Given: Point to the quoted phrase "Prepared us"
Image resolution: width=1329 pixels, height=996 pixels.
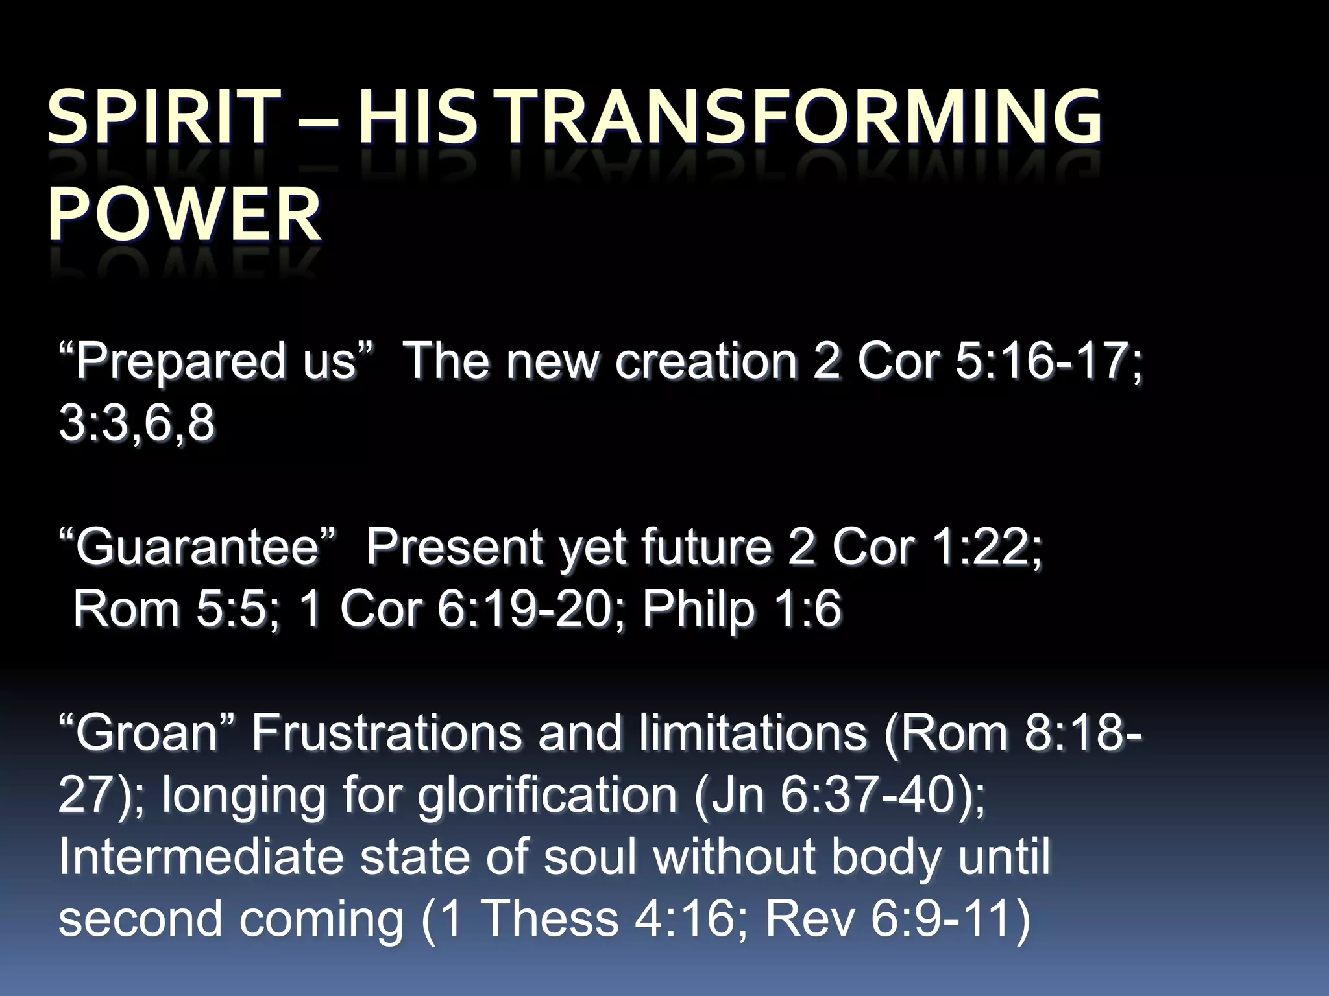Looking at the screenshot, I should [x=217, y=361].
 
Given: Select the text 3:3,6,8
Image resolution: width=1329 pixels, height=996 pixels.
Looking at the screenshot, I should [x=136, y=423].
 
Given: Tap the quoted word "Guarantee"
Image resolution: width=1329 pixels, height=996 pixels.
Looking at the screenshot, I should [x=198, y=547].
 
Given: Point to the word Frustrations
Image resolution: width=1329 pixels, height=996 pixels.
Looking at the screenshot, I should [x=386, y=733].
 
